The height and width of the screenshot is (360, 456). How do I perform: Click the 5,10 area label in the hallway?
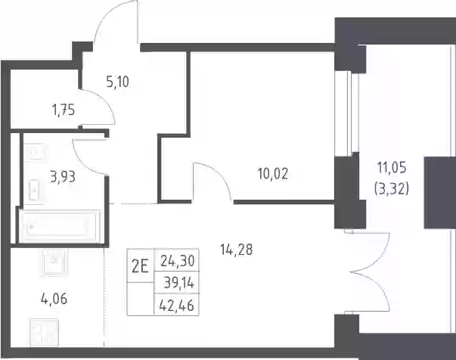pos(117,82)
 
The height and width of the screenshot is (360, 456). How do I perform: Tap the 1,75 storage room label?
pos(64,110)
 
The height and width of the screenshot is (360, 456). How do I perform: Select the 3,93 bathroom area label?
pos(63,177)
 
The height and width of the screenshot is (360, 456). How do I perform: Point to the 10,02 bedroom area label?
pos(272,174)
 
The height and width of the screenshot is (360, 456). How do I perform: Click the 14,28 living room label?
pos(236,250)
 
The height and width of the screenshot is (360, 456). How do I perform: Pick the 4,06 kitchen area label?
pos(54,299)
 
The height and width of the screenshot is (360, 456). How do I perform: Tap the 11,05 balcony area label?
pos(392,168)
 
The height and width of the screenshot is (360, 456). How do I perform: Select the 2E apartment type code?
pos(140,267)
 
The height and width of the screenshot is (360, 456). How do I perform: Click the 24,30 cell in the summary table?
pos(177,261)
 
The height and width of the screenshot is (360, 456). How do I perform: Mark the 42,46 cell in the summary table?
pos(177,306)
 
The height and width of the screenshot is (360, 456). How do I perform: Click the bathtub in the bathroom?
pos(60,227)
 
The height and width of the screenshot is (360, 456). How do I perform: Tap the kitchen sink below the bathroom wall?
pos(55,263)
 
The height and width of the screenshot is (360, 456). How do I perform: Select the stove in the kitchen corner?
pos(44,332)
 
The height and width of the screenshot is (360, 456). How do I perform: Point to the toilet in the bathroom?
pos(35,190)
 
